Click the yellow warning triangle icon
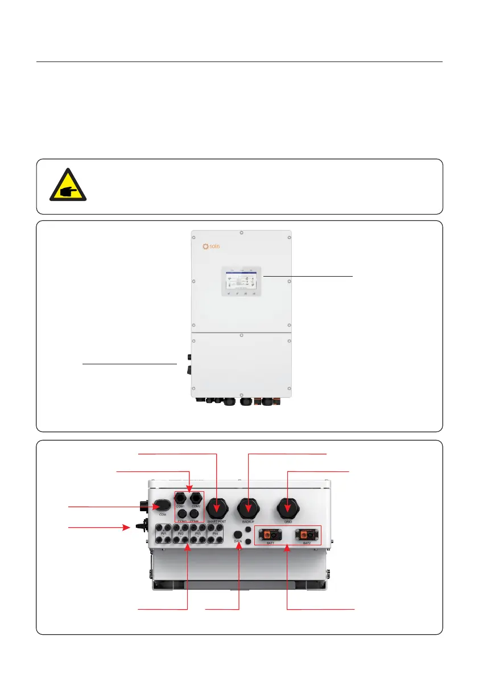click(68, 185)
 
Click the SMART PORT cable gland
click(216, 507)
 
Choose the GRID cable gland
click(288, 507)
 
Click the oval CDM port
click(162, 505)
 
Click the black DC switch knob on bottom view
click(138, 528)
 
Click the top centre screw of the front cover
click(241, 232)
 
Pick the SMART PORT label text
click(216, 522)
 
